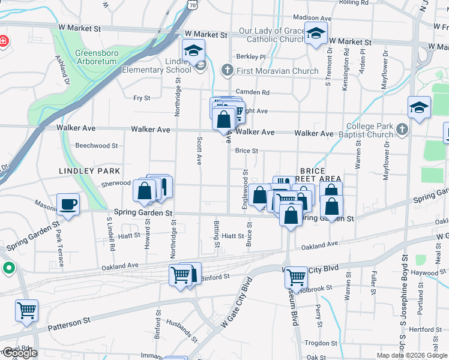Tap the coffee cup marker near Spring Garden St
(68, 204)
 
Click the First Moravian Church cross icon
(227, 71)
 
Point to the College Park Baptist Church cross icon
(402, 128)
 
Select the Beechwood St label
(97, 146)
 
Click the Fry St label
(142, 98)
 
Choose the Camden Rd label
(253, 92)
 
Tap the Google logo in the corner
(19, 353)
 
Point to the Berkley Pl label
(250, 57)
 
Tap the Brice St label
(246, 151)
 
